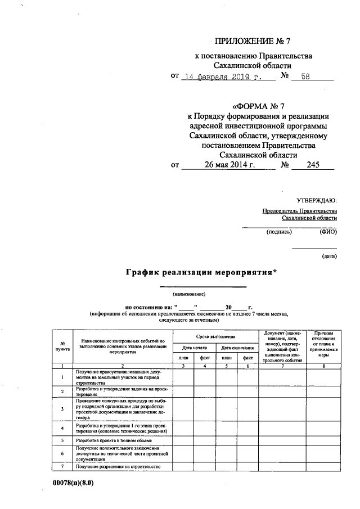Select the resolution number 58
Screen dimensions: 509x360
[x=305, y=78]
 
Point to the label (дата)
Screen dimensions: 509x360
[x=329, y=256]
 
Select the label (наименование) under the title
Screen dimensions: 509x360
[x=189, y=294]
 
